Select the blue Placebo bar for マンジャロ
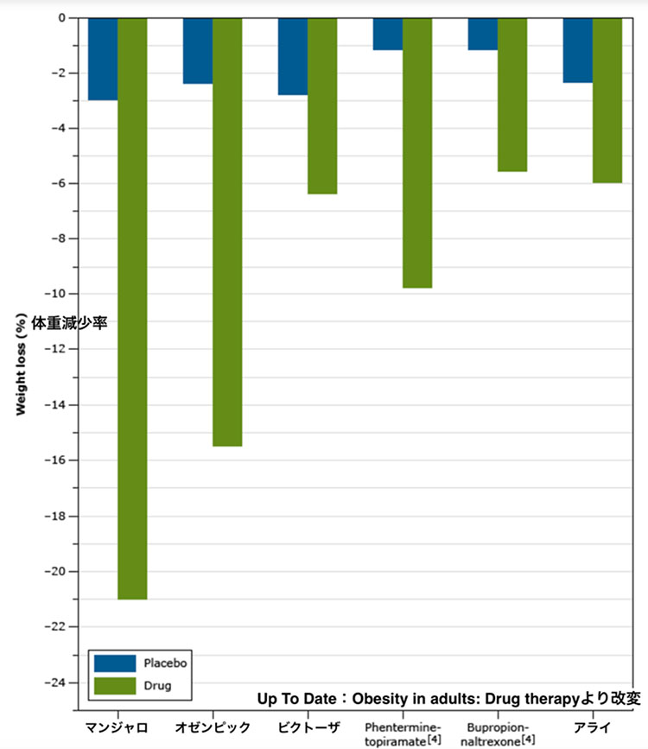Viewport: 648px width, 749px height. [x=103, y=59]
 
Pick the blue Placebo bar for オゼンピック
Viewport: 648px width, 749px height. [x=198, y=50]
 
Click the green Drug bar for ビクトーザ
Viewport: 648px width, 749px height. [x=322, y=105]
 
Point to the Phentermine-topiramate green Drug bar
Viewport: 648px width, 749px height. [x=417, y=152]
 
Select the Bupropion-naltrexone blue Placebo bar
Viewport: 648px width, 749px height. [x=482, y=34]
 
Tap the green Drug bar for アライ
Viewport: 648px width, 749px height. [x=607, y=100]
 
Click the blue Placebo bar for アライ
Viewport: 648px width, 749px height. [x=577, y=50]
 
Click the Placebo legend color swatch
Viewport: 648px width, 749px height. [x=115, y=663]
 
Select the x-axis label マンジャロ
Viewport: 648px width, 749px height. [x=118, y=726]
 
